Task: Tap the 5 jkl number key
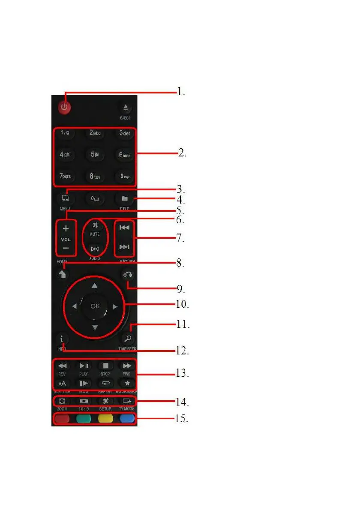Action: [x=95, y=154]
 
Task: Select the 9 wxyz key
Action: [x=125, y=176]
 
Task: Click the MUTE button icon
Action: [x=95, y=225]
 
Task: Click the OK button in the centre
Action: [x=95, y=306]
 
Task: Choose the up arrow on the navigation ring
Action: [x=95, y=285]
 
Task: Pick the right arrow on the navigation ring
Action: [x=115, y=306]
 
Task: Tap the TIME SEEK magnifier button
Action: [x=126, y=338]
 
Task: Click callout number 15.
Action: [x=182, y=418]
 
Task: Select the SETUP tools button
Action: [x=105, y=401]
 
